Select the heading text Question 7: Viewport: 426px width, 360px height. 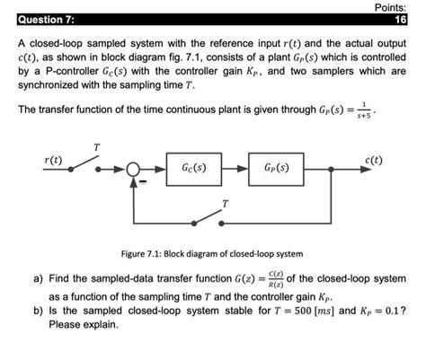(x=40, y=20)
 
